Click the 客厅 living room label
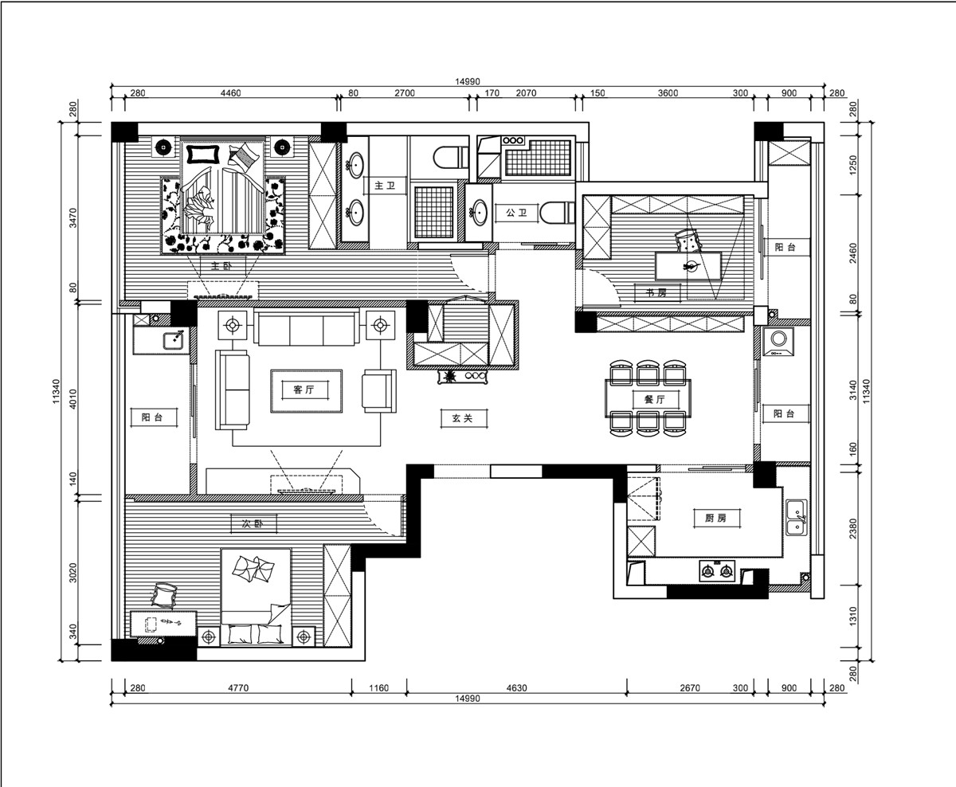304,390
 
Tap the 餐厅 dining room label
655,399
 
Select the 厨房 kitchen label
715,518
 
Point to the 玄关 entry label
462,418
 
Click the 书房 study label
656,293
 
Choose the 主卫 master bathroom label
385,186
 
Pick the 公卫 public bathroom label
516,213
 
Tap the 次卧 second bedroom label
253,523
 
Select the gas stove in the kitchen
717,571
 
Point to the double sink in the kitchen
796,517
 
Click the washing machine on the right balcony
778,341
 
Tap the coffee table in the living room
307,391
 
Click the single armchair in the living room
379,391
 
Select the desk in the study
688,266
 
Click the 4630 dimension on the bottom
516,687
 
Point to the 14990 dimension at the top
468,81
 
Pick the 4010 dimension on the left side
73,399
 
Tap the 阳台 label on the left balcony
152,417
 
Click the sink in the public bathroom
479,213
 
